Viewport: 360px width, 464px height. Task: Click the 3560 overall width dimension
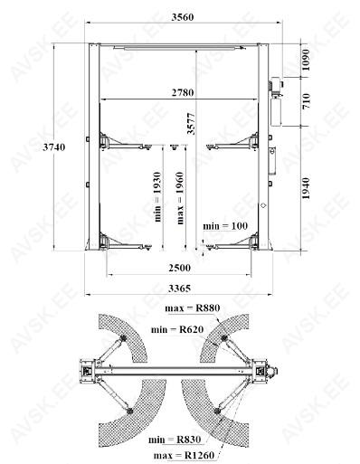tap(183, 17)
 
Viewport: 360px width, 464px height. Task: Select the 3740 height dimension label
tap(54, 147)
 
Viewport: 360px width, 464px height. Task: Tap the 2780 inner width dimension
tap(183, 92)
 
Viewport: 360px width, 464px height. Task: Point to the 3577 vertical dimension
tap(191, 124)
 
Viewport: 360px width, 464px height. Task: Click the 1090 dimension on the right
tap(306, 60)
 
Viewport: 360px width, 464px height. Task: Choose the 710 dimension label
tap(306, 101)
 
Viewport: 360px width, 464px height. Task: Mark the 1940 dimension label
tap(306, 188)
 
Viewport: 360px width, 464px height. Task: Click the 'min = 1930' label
tap(157, 197)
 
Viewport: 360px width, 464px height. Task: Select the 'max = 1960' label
tap(180, 198)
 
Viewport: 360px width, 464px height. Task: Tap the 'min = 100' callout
tap(225, 226)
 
